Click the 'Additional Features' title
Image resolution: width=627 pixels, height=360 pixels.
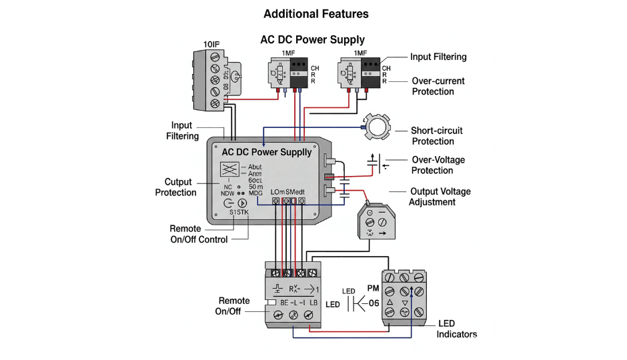coord(316,14)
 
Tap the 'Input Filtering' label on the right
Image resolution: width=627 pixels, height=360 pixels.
coord(438,57)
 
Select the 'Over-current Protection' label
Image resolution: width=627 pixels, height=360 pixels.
coord(438,86)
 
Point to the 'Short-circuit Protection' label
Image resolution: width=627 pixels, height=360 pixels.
coord(437,136)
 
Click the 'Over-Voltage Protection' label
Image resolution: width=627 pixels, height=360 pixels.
coord(438,165)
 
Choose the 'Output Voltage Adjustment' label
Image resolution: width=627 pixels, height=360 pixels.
coord(440,197)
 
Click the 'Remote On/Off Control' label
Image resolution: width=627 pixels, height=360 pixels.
coord(199,234)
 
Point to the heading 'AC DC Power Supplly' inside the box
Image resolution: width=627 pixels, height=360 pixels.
coord(266,153)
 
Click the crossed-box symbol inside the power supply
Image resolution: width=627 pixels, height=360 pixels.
coord(230,169)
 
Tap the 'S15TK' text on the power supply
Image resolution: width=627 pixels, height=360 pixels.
coord(239,212)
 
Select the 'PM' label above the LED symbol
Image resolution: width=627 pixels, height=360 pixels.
coord(374,288)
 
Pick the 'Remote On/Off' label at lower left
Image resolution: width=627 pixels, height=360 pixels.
coord(233,306)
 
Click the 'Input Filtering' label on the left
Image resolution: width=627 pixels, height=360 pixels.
coord(182,131)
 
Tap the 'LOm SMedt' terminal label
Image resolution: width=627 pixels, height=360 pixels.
coord(288,193)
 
